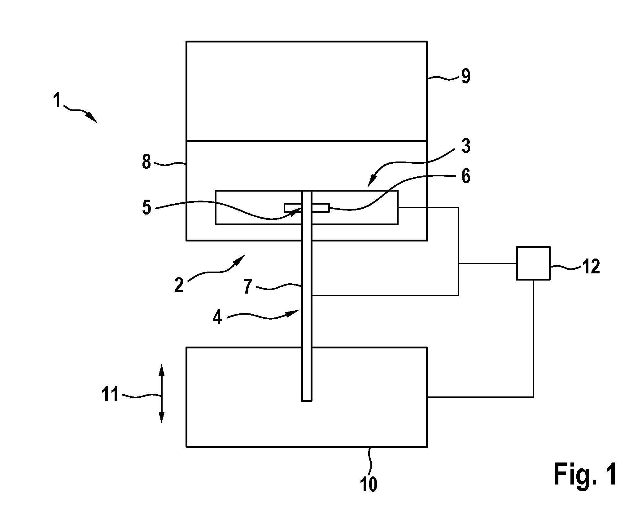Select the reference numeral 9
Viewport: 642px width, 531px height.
coord(465,76)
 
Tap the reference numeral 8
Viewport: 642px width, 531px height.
coord(146,162)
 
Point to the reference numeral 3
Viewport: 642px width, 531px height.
coord(465,146)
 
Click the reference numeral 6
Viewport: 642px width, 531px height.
coord(465,177)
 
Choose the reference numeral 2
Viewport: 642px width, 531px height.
coord(179,285)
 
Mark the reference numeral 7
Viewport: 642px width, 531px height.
coord(247,286)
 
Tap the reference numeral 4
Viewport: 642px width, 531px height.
coord(217,317)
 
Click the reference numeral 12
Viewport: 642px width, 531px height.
coord(591,266)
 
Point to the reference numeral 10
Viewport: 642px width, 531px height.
coord(369,484)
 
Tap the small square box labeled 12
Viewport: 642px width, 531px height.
coord(533,263)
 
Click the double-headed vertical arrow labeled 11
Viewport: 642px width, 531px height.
coord(161,394)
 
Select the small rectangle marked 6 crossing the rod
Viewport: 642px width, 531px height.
coord(307,208)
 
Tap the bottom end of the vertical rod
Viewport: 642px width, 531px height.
coord(307,401)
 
